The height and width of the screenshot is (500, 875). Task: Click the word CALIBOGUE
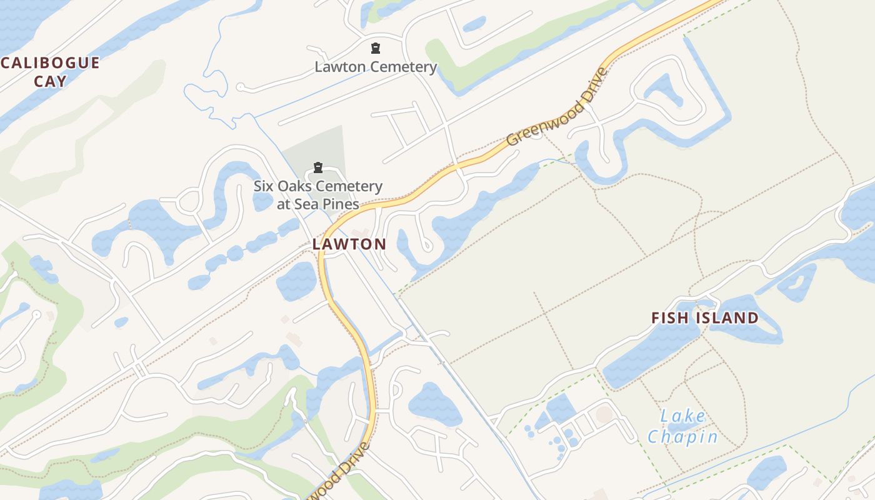pos(50,62)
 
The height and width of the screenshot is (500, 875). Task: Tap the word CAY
pos(51,81)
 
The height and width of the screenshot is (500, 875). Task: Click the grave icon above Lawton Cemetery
pos(376,48)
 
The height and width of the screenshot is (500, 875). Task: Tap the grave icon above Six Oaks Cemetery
pos(318,167)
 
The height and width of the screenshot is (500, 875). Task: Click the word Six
pos(264,186)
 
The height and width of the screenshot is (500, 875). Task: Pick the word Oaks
pos(294,186)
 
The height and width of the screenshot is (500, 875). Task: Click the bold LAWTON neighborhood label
pos(349,244)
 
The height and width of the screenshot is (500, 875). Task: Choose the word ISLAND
pos(727,317)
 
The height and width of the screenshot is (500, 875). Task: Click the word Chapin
pos(682,436)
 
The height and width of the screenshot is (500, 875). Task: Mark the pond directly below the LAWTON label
pos(296,281)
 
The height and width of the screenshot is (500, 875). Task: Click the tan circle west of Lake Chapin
pos(604,413)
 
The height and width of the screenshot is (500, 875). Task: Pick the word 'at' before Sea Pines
pos(284,204)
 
